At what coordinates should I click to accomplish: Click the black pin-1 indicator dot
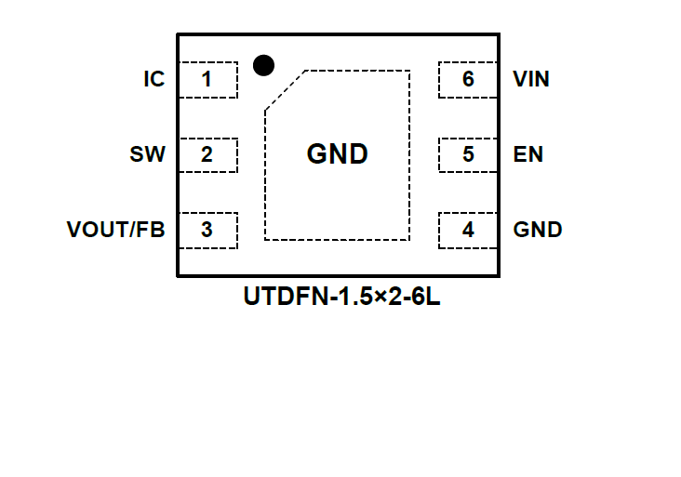tap(263, 65)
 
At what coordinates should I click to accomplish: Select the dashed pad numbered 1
tap(207, 80)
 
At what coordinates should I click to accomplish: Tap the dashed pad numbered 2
tap(207, 154)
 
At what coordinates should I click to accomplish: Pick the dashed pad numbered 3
tap(207, 229)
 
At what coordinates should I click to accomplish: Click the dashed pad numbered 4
tap(468, 229)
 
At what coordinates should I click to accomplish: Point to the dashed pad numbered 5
tap(468, 154)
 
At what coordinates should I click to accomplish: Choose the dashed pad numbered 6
tap(468, 80)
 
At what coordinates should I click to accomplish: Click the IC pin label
tap(154, 80)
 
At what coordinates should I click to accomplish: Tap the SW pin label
tap(147, 154)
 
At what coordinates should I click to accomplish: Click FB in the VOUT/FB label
tap(151, 230)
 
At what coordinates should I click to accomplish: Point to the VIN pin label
tap(531, 80)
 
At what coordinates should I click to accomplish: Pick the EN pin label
tap(527, 154)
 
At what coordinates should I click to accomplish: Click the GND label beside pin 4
tap(538, 230)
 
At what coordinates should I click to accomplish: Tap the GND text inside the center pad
tap(337, 154)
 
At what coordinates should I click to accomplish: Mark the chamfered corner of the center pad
tap(285, 90)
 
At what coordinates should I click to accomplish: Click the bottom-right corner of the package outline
tap(500, 275)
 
